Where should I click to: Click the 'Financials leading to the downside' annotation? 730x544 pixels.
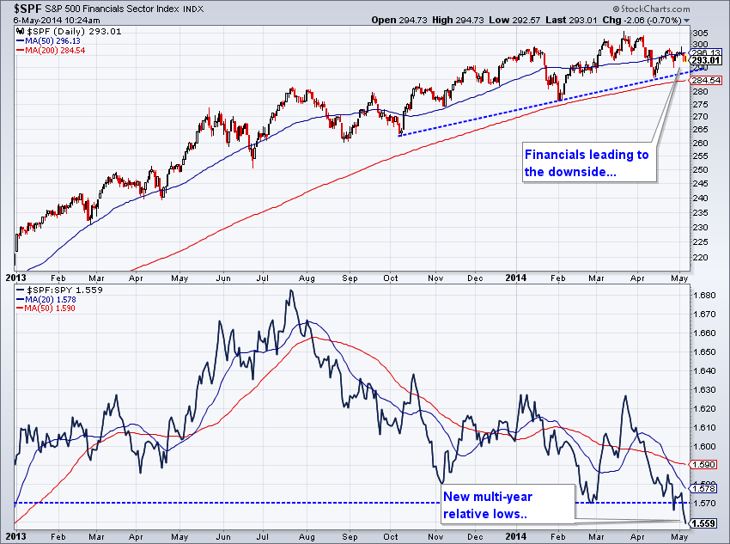click(x=587, y=163)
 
